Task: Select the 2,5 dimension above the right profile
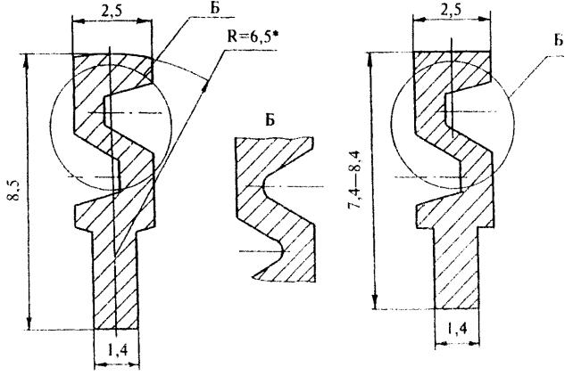pos(451,10)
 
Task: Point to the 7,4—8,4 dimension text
pos(354,179)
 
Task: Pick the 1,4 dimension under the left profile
pos(117,351)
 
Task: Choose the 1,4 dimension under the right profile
pos(457,329)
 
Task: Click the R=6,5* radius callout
pos(250,37)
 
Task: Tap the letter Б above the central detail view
pos(270,120)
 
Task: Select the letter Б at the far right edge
pos(558,40)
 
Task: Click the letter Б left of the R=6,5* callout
pos(215,8)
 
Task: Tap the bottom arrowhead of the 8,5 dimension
pos(29,323)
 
